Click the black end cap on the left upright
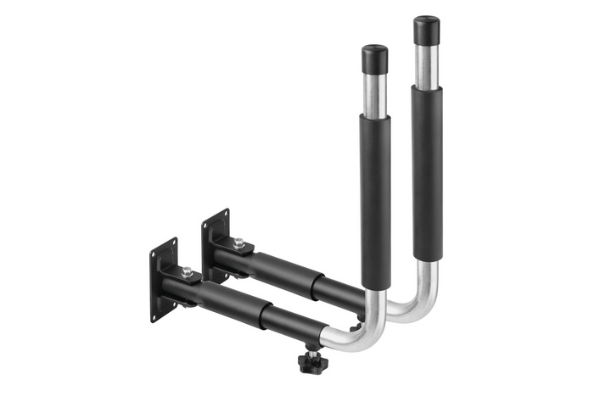(374, 59)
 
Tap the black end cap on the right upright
(426, 31)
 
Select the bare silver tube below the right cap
(426, 64)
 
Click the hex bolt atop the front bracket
(187, 272)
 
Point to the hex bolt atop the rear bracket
(238, 243)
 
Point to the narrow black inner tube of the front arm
(293, 321)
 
